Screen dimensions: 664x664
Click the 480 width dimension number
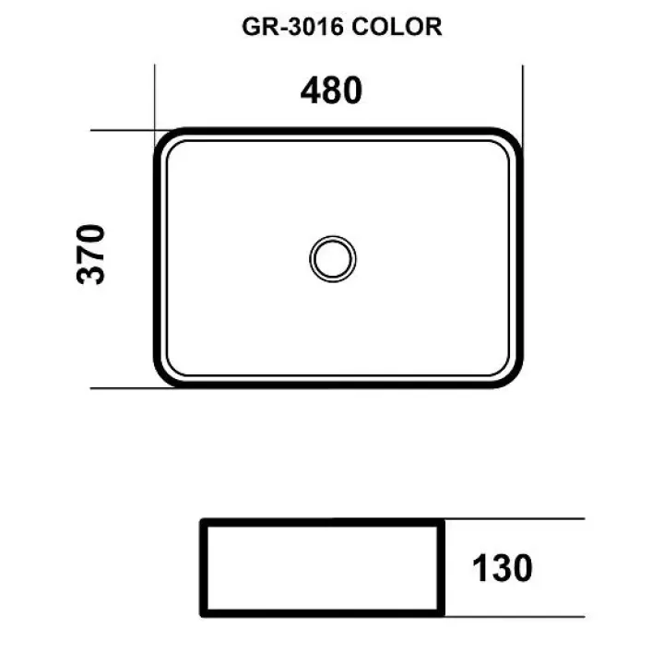[x=331, y=90]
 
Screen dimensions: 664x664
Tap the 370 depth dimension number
[x=90, y=255]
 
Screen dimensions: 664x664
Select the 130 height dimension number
[x=503, y=568]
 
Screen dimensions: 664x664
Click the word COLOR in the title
[x=397, y=27]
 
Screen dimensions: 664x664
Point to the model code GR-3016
[x=292, y=27]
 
